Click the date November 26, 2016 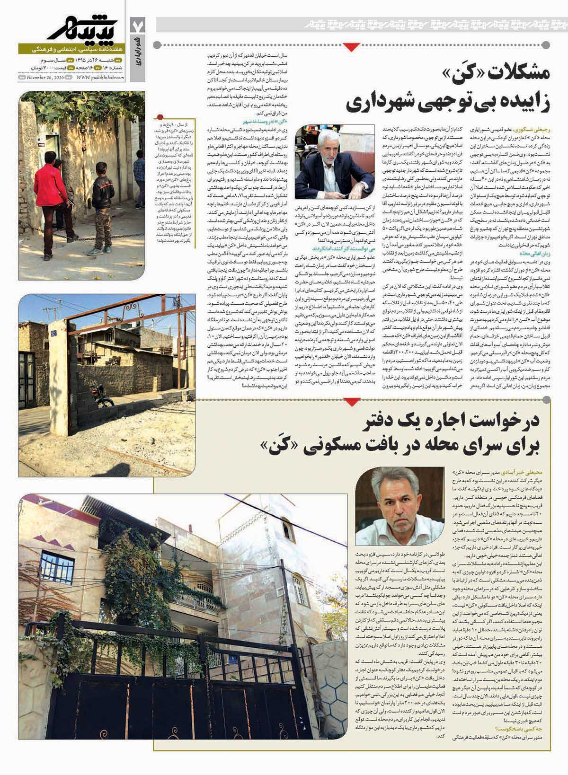coord(43,78)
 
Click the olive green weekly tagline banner coord(71,49)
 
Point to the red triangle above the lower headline coord(350,402)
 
